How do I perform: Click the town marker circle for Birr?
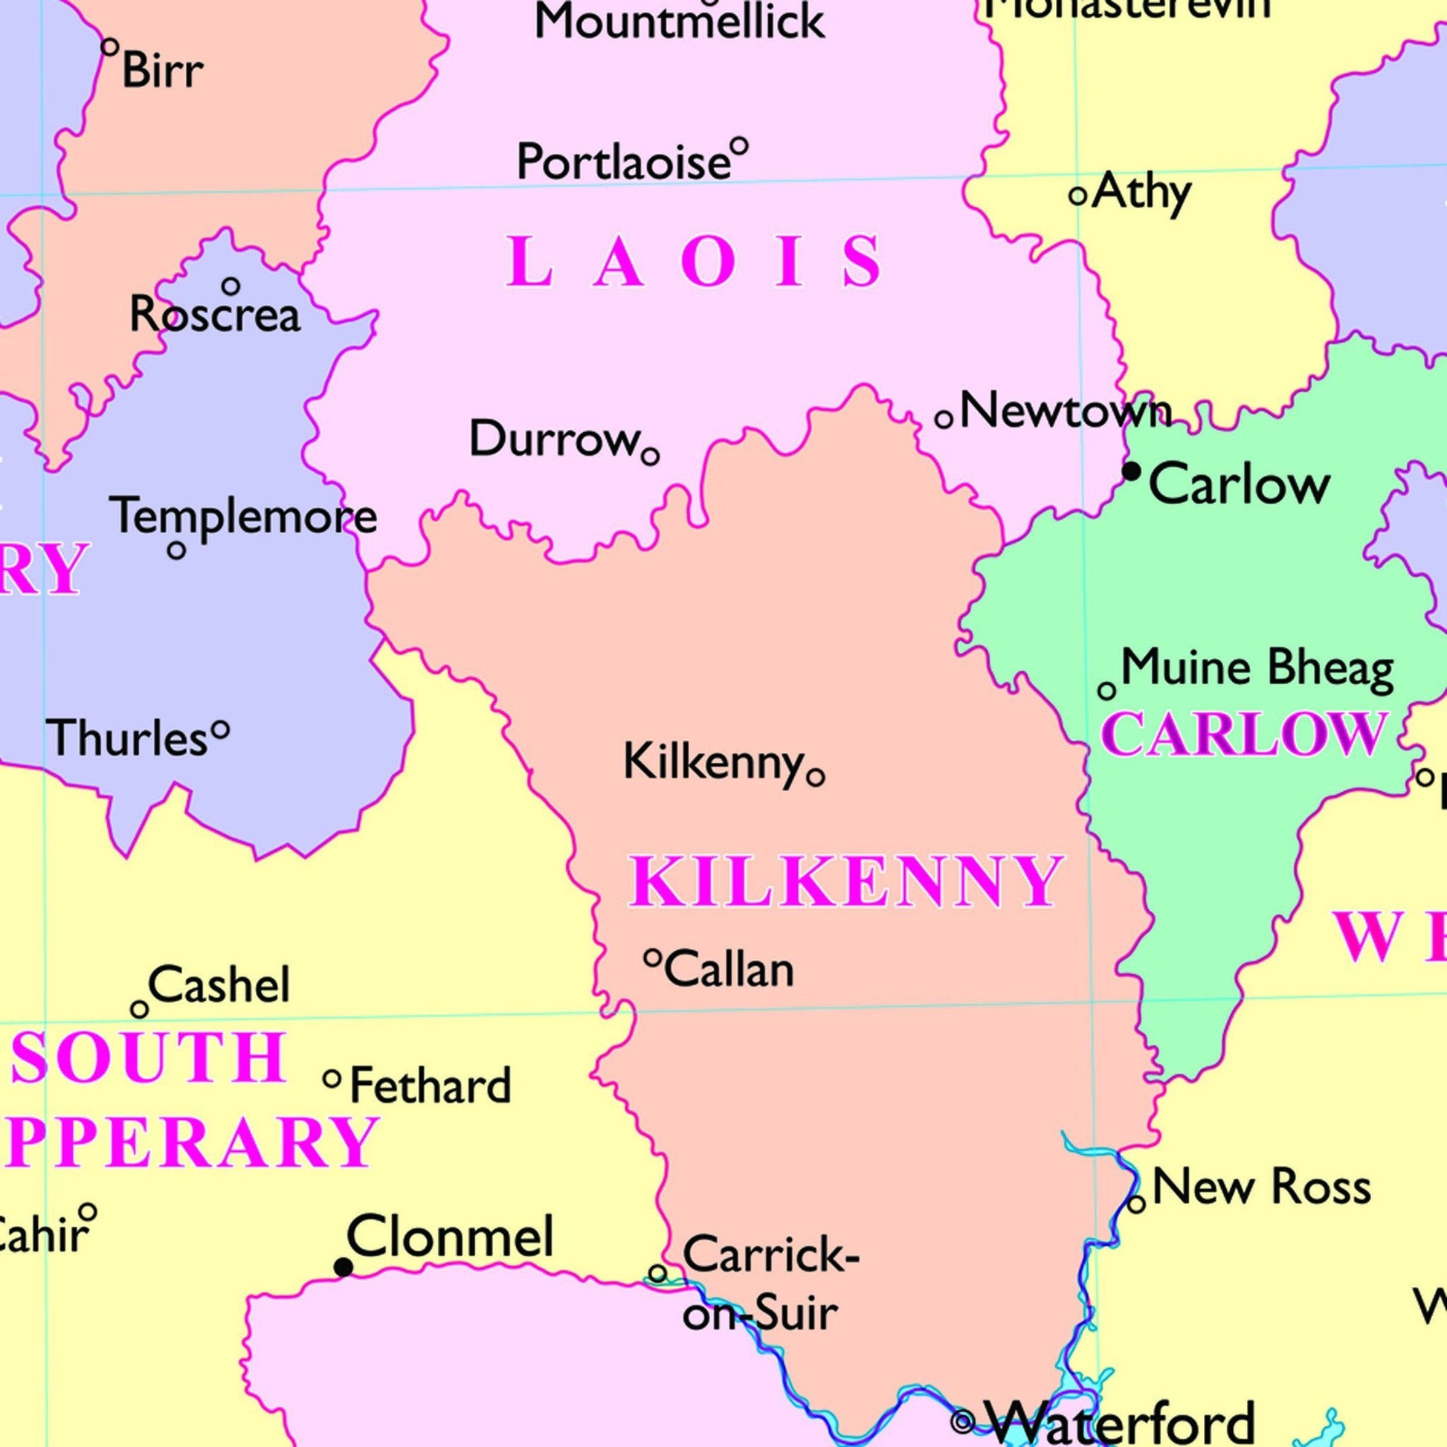(x=110, y=47)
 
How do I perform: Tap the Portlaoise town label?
(x=623, y=162)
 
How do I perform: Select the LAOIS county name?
(x=695, y=262)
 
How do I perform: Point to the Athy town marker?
(x=1077, y=196)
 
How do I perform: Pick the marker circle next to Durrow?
(x=650, y=455)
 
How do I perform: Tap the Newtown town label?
(x=1065, y=411)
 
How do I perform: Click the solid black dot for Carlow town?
(x=1131, y=471)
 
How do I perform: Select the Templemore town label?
(x=243, y=517)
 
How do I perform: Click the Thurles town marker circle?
(x=220, y=728)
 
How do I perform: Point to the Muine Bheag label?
(x=1257, y=667)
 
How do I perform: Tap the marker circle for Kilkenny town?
(x=816, y=778)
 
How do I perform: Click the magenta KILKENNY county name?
(x=845, y=882)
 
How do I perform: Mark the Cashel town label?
(x=219, y=984)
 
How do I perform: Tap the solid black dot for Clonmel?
(x=343, y=1267)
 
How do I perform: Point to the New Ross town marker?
(x=1136, y=1205)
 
